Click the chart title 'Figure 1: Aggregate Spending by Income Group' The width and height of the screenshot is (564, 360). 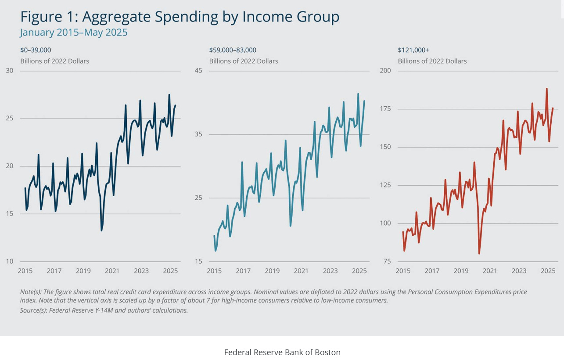point(180,17)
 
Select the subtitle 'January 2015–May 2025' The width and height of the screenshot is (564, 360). point(73,32)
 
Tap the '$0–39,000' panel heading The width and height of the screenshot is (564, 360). point(36,50)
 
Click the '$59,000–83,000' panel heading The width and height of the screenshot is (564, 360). point(233,50)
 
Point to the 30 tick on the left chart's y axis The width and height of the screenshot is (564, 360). point(10,71)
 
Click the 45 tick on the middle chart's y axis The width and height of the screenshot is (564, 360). point(198,71)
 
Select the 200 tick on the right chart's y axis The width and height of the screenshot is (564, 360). point(385,71)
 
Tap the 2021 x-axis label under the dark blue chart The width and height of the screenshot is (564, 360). point(112,271)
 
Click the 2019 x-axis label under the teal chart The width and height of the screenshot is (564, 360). point(272,271)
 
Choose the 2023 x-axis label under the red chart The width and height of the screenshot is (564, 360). point(519,271)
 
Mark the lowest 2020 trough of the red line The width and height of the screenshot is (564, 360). point(479,253)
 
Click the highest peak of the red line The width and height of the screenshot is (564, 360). point(546,89)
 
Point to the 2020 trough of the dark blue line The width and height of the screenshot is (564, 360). point(101,230)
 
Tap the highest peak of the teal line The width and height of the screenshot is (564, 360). point(358,94)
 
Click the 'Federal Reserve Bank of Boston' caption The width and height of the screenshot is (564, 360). point(282,352)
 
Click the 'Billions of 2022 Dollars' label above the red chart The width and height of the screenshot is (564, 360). point(432,61)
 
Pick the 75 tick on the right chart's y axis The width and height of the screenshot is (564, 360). point(387,261)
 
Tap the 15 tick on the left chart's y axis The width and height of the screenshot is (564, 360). point(10,214)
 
